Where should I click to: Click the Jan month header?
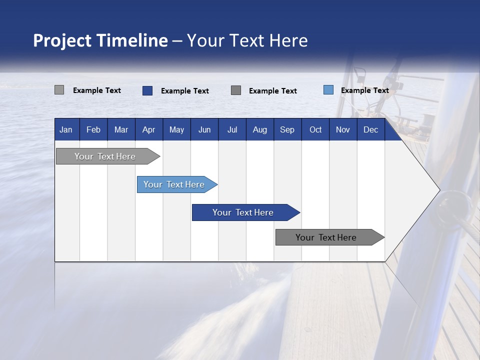[x=66, y=130]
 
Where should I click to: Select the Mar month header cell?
[x=121, y=130]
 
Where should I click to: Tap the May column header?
[x=176, y=130]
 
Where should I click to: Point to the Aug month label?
[x=259, y=130]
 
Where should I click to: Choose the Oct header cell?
[x=315, y=130]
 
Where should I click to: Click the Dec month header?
[x=370, y=130]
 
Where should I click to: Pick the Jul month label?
[x=232, y=130]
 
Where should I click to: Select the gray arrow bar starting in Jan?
[x=105, y=156]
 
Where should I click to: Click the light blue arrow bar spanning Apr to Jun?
[x=174, y=184]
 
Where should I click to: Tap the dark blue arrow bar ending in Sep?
[x=243, y=212]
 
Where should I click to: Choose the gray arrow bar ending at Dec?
[x=326, y=237]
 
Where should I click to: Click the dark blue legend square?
[x=147, y=90]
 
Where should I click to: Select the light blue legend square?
[x=328, y=90]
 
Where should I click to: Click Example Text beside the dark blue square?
[x=185, y=91]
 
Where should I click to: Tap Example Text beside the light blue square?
[x=365, y=90]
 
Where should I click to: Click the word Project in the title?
[x=62, y=41]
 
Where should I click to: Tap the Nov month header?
[x=342, y=130]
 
